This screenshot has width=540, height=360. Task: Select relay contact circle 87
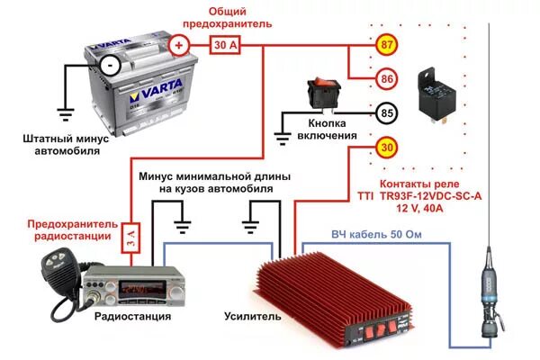pyautogui.click(x=386, y=44)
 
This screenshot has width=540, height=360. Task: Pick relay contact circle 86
pyautogui.click(x=386, y=79)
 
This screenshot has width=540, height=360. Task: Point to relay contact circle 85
pyautogui.click(x=386, y=114)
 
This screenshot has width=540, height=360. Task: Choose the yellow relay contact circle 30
pyautogui.click(x=386, y=148)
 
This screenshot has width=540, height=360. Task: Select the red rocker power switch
pyautogui.click(x=319, y=90)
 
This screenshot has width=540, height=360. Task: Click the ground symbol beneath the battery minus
pyautogui.click(x=65, y=113)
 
